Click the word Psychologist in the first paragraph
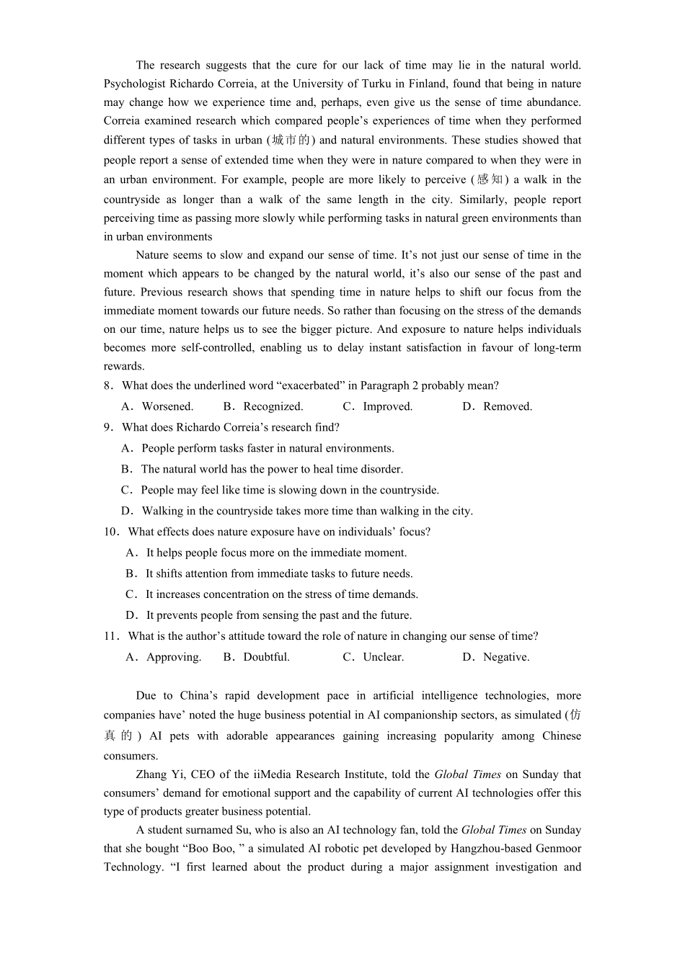point(134,84)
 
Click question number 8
point(108,385)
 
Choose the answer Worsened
point(167,406)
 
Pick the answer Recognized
point(273,406)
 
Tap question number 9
point(108,427)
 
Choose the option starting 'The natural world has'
point(272,469)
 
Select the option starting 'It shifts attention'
point(279,573)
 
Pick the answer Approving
point(174,657)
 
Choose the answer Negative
point(506,657)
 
